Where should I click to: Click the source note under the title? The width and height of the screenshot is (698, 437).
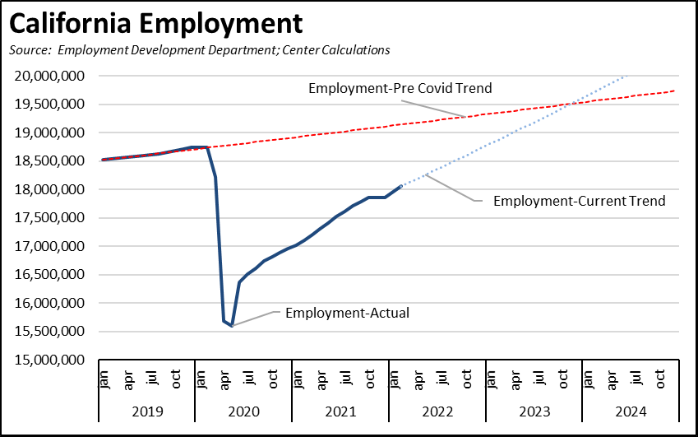tap(199, 50)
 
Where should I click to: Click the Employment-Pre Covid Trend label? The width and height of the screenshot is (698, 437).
tap(400, 88)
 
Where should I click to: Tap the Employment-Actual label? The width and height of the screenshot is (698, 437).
tap(346, 312)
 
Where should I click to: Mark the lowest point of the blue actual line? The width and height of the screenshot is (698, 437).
tap(232, 326)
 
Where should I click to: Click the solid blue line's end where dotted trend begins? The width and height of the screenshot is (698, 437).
tap(400, 186)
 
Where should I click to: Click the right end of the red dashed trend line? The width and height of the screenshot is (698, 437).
tap(675, 91)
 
